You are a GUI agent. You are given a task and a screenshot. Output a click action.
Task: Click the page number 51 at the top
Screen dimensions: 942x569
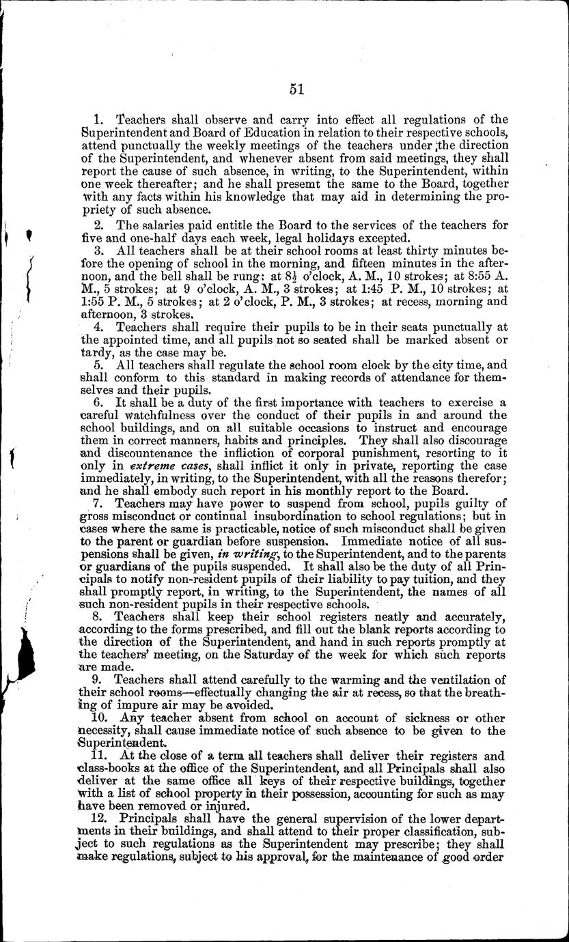pos(296,89)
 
